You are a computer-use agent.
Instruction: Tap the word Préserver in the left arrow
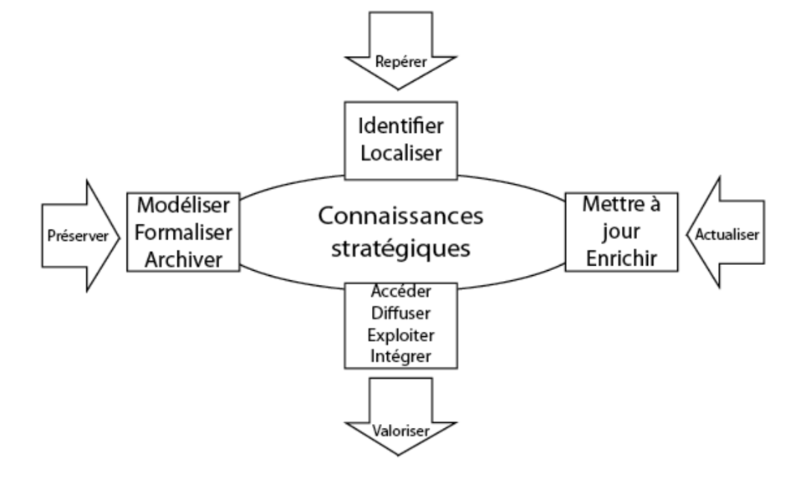click(x=76, y=237)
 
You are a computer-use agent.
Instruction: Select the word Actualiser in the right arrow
click(x=726, y=235)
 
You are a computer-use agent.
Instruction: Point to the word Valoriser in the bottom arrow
click(x=401, y=431)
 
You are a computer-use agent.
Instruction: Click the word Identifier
click(x=400, y=129)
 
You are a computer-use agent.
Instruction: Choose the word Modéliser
click(x=183, y=206)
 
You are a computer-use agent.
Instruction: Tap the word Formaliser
click(x=183, y=232)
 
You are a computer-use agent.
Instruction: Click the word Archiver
click(x=183, y=259)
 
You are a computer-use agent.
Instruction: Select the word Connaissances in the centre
click(x=400, y=216)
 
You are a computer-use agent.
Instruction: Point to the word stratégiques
click(x=400, y=248)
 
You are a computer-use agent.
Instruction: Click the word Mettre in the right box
click(x=611, y=203)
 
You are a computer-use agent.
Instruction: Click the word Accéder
click(x=401, y=292)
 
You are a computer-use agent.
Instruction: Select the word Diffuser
click(x=401, y=314)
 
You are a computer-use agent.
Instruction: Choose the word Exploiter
click(x=401, y=336)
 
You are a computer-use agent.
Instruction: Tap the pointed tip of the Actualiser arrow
click(x=685, y=235)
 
